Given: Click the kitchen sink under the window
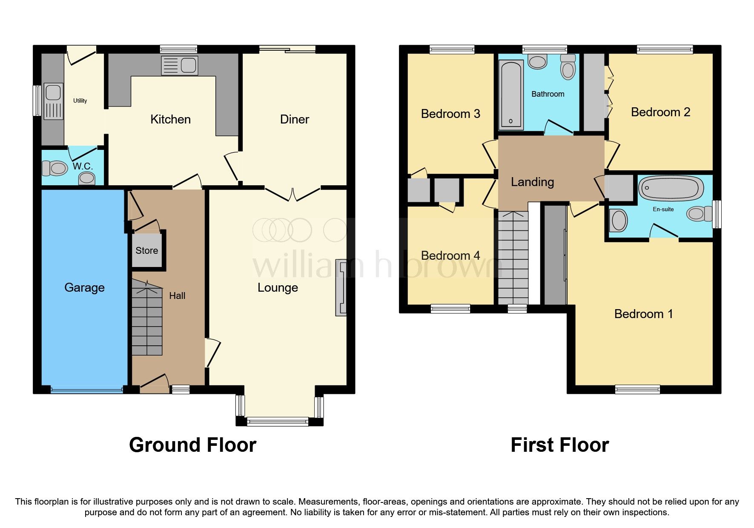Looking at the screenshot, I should [180, 66].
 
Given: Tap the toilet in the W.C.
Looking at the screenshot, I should [54, 168].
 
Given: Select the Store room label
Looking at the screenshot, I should [147, 251].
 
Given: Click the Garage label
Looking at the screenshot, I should [84, 288].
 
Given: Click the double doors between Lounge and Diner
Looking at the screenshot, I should [292, 194].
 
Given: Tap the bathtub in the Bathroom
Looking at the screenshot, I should [511, 95].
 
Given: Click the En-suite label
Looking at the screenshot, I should [663, 209].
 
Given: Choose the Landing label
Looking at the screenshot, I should [532, 182].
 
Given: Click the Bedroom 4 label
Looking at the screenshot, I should [450, 255].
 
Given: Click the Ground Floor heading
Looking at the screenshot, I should [192, 445].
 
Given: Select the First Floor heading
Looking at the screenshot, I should [559, 445].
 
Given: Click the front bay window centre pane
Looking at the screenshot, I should [278, 422].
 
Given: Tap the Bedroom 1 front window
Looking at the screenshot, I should [637, 389].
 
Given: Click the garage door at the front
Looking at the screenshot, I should [87, 389].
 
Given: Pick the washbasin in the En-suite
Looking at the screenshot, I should [619, 221].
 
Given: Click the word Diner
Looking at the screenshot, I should [294, 120].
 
